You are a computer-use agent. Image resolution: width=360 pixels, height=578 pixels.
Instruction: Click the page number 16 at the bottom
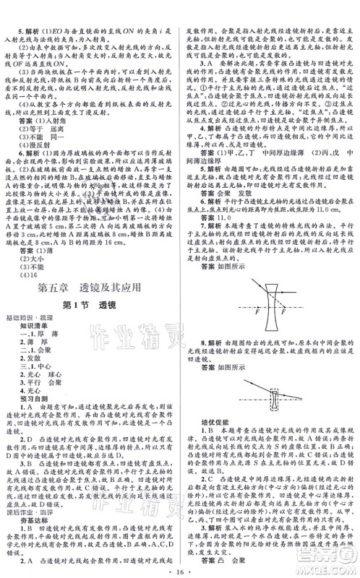[181, 570]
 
